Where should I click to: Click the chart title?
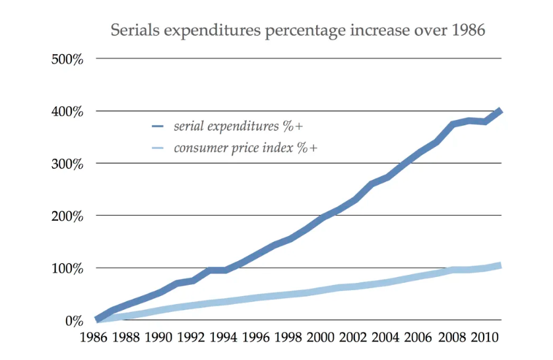point(298,30)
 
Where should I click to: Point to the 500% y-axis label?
point(67,59)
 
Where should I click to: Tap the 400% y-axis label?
point(67,111)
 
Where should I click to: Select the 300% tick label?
point(67,164)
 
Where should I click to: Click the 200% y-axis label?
point(67,216)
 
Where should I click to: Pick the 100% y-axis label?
point(67,268)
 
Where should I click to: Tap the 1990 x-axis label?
point(158,339)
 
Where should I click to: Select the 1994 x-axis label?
point(223,339)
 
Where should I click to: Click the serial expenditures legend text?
point(238,126)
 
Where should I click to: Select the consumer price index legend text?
point(245,148)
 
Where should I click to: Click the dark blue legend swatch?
point(157,126)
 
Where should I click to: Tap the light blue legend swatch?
point(157,148)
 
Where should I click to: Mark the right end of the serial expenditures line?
point(501,111)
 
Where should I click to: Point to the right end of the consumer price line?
point(501,266)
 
